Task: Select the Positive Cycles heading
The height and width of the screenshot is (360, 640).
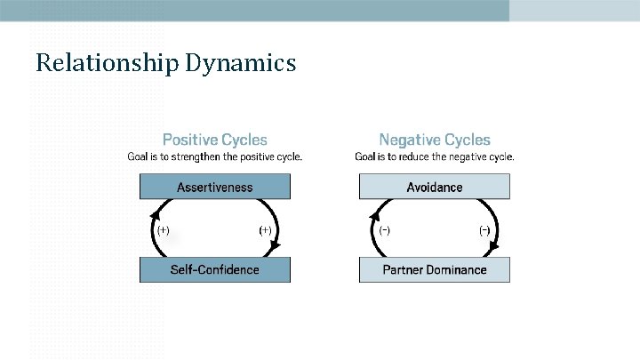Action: [214, 140]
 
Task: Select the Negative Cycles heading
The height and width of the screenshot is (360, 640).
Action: [435, 140]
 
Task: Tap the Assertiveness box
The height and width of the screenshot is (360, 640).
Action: [214, 187]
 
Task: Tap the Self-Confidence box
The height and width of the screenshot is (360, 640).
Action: [214, 269]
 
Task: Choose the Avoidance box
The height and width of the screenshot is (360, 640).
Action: [435, 187]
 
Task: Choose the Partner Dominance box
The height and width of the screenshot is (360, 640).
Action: [435, 269]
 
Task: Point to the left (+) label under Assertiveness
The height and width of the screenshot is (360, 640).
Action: [164, 229]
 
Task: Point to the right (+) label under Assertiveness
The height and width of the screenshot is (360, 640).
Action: [265, 229]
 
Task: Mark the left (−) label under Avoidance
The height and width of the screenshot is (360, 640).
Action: [384, 229]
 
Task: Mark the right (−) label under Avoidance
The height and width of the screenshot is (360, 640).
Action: [484, 229]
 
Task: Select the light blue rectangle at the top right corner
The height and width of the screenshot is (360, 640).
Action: [574, 10]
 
